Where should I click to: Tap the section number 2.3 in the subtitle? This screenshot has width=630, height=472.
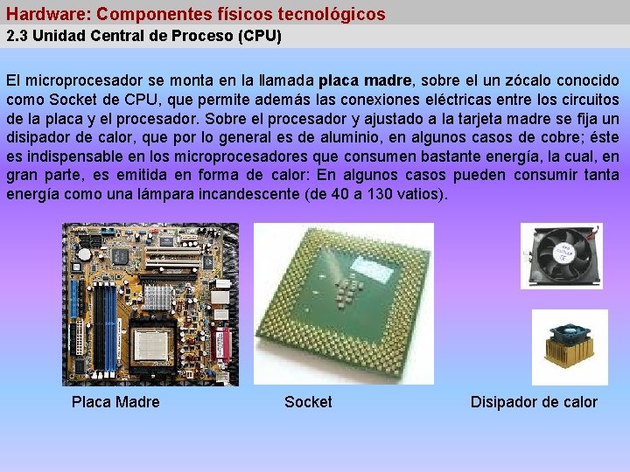click(x=17, y=37)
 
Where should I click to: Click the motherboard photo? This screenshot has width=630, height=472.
click(x=150, y=304)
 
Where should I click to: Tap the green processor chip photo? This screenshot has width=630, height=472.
click(x=344, y=304)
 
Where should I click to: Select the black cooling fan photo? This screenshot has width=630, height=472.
click(x=561, y=255)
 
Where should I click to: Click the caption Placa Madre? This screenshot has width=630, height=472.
click(x=115, y=402)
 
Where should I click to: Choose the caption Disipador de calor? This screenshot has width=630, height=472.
click(x=534, y=402)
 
